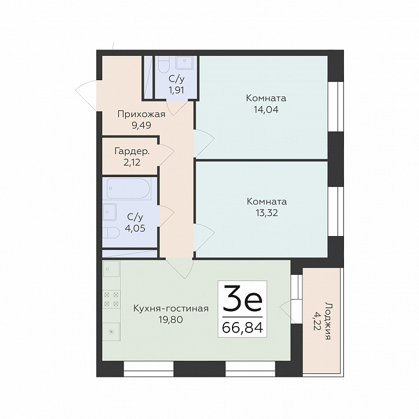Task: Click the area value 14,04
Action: click(266, 110)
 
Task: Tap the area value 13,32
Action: click(266, 213)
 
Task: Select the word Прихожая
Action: click(141, 114)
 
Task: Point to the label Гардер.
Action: click(132, 152)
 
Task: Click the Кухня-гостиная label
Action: click(171, 309)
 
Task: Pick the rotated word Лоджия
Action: click(328, 321)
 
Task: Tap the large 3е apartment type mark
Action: click(242, 299)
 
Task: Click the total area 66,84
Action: click(242, 327)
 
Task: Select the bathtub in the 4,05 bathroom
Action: click(129, 189)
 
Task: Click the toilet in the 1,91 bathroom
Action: click(163, 65)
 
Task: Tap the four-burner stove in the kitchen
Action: click(111, 300)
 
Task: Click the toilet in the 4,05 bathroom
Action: click(111, 233)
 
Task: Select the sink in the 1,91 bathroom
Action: click(184, 62)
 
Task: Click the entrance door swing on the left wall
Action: click(86, 95)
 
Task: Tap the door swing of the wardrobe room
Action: click(166, 155)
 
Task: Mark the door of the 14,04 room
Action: click(204, 143)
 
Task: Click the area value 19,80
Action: click(171, 319)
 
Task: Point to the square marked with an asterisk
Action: click(111, 332)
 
